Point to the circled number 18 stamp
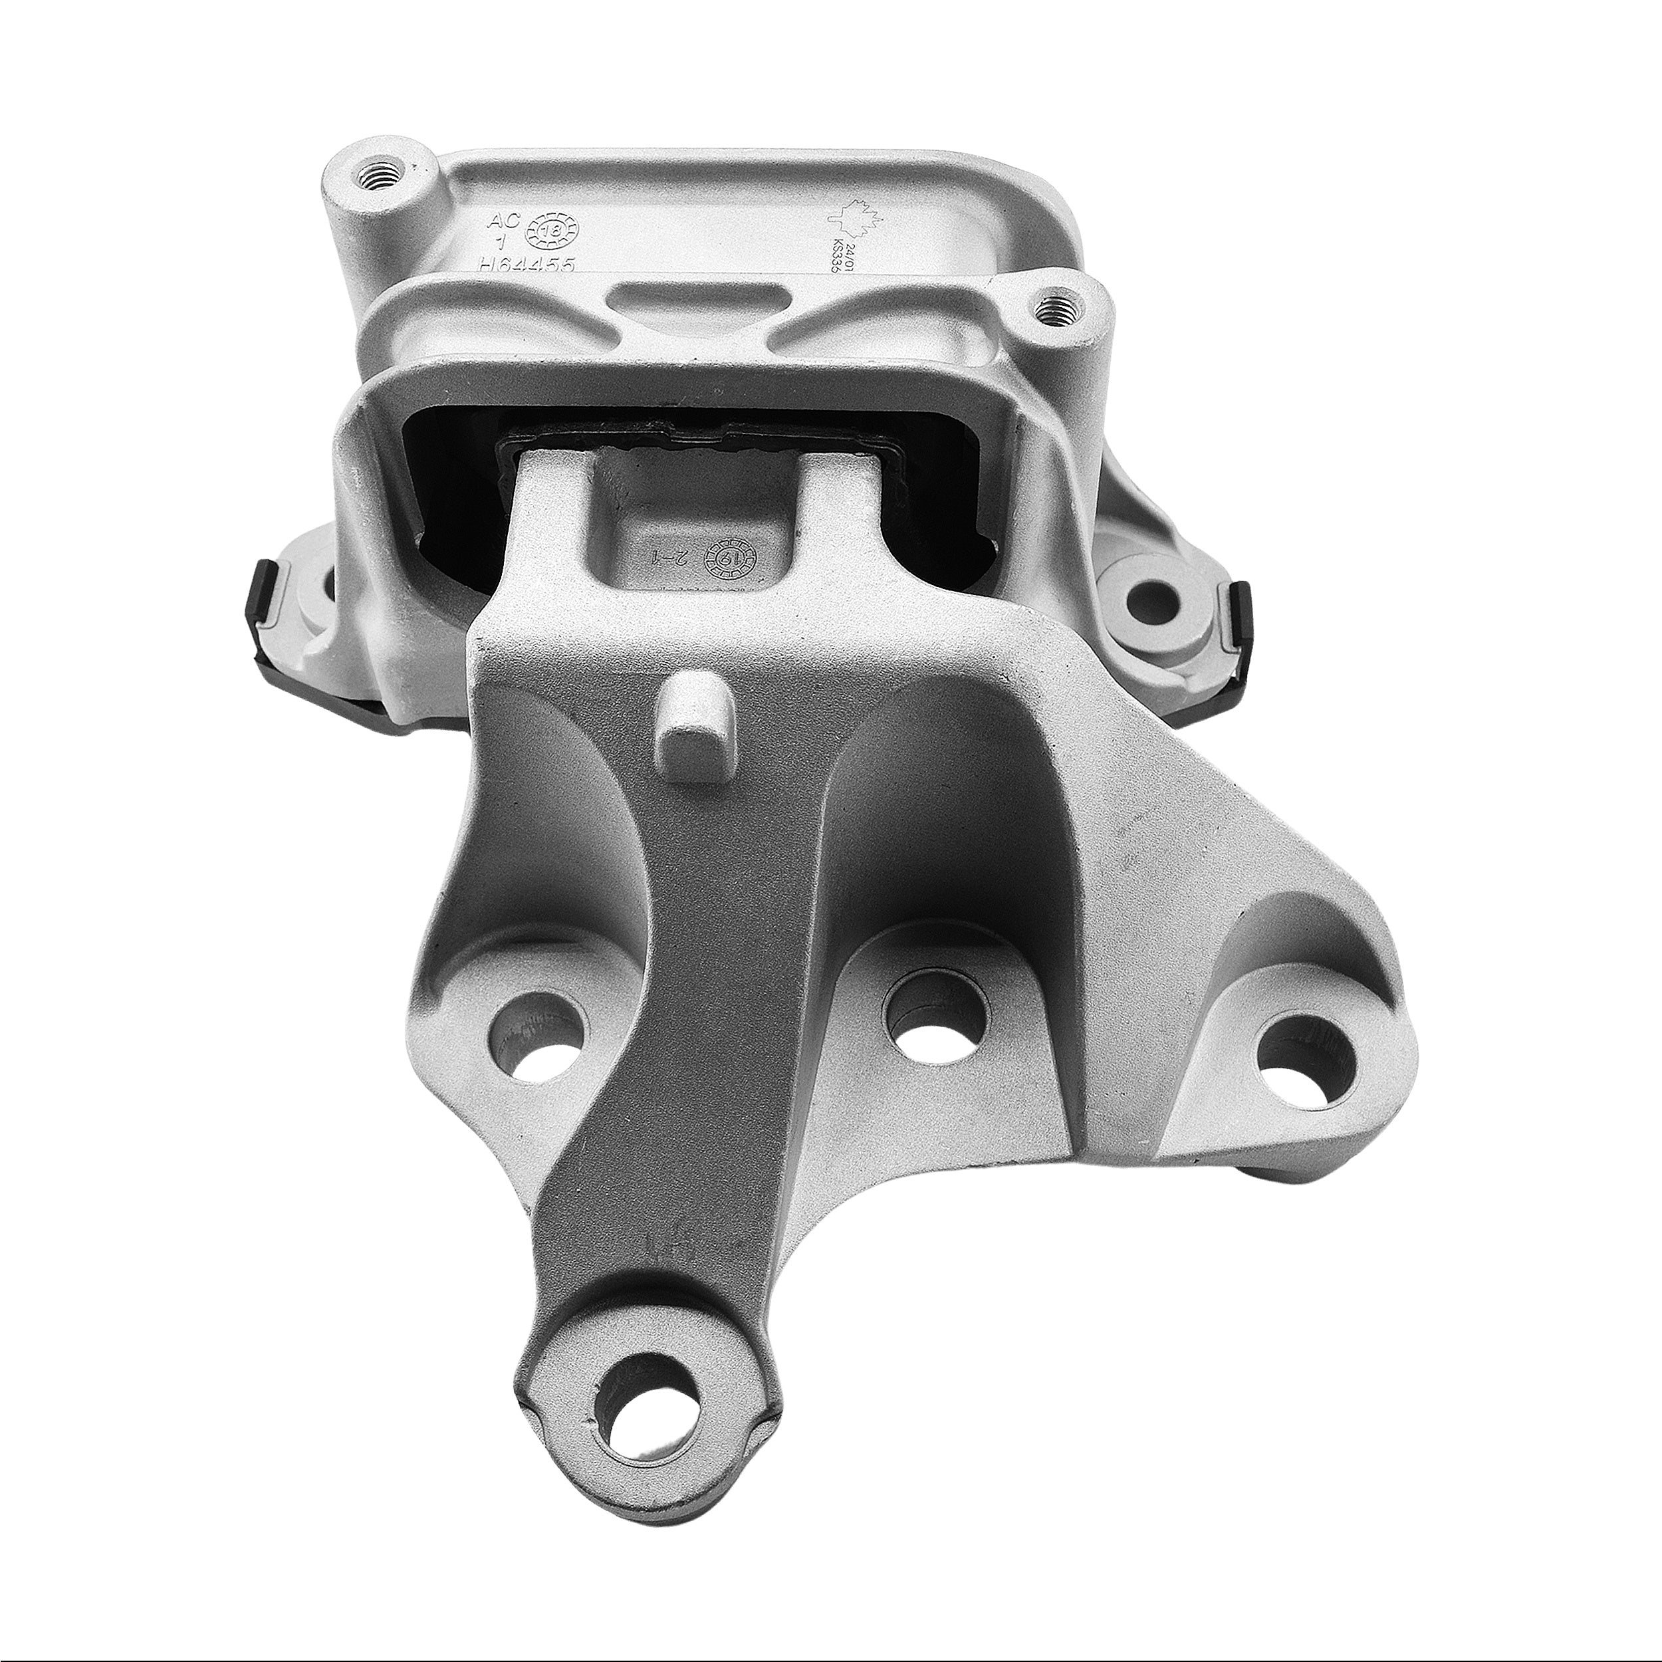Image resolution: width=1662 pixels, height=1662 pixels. [556, 231]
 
